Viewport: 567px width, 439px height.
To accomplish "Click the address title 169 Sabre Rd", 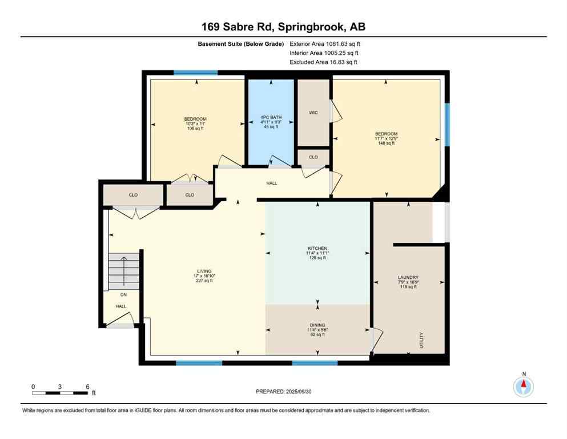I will (283, 27).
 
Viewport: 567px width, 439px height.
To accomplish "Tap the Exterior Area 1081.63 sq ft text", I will (325, 43).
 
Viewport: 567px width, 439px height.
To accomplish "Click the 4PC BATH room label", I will (271, 118).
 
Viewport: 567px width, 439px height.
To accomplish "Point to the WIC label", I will (313, 113).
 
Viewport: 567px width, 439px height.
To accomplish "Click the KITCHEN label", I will (317, 249).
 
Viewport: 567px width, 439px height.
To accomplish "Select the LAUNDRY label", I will (408, 278).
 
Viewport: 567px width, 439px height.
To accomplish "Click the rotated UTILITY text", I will (422, 342).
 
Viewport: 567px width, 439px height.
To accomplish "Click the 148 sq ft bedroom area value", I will (387, 143).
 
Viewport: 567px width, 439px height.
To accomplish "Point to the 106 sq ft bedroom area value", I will (195, 129).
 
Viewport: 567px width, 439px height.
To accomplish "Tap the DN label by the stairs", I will (123, 295).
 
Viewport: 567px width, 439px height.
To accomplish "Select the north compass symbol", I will (524, 386).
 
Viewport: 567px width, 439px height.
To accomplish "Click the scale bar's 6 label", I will (87, 386).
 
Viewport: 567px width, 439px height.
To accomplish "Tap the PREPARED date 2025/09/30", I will (284, 392).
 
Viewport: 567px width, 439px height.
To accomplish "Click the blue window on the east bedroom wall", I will (447, 124).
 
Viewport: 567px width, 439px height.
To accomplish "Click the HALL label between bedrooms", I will (272, 183).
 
